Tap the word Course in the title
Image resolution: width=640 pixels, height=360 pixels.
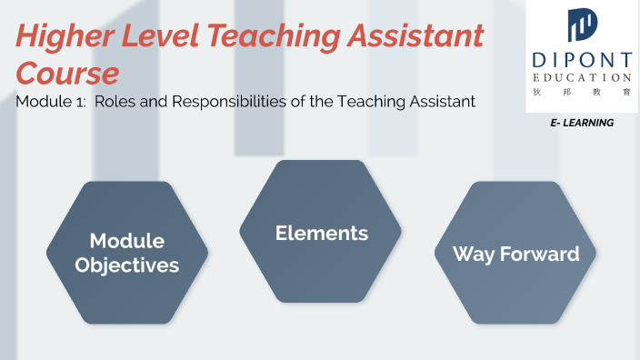(x=67, y=72)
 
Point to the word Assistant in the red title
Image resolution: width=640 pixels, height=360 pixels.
(x=424, y=37)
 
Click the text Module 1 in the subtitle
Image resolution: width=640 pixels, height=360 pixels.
(x=54, y=102)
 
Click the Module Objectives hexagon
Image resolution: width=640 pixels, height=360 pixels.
(x=127, y=252)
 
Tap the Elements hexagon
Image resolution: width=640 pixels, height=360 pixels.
(x=321, y=232)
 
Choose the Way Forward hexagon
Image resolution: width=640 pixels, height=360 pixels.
(x=515, y=253)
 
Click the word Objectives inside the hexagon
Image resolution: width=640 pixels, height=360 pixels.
(x=127, y=265)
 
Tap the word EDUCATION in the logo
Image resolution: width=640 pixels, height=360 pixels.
(x=582, y=77)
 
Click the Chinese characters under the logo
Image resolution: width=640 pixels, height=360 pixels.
(x=582, y=93)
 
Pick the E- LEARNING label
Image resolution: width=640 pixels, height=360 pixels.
(x=582, y=123)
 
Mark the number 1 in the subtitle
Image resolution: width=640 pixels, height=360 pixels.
(x=84, y=102)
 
